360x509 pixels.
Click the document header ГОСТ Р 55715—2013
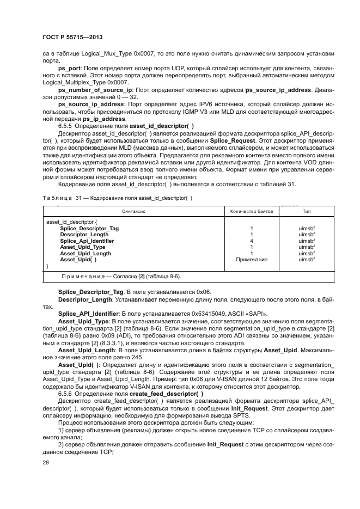pos(72,36)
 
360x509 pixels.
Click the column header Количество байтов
pos(251,210)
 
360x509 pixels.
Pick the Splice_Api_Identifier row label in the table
pos(87,241)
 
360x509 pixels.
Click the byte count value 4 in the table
pos(251,241)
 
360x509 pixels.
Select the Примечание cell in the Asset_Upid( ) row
pos(251,260)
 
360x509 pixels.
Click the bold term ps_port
pos(68,69)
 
